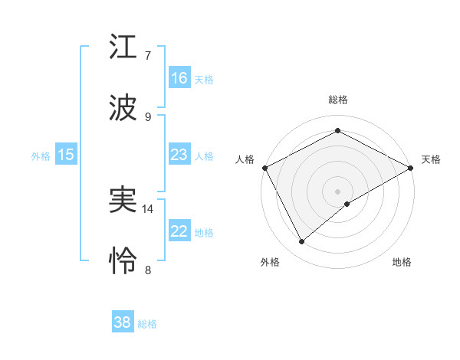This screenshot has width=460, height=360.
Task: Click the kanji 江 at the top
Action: point(125,48)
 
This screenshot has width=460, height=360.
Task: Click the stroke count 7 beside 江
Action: point(148,56)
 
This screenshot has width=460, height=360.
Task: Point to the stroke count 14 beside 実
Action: point(149,208)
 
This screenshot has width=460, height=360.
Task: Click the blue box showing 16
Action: point(179,77)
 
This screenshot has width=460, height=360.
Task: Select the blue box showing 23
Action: point(179,155)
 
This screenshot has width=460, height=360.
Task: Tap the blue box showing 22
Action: point(179,231)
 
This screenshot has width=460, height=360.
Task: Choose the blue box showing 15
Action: point(66,155)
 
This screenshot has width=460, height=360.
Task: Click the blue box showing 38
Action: point(123,322)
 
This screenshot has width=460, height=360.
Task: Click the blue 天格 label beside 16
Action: point(204,79)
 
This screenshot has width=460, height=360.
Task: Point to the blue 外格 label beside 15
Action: point(41,155)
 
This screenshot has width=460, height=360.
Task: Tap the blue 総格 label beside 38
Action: point(147,324)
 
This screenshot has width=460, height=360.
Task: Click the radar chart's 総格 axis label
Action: point(338,100)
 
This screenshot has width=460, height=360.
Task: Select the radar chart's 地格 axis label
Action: point(402,262)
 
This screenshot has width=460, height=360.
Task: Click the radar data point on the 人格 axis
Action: point(265,167)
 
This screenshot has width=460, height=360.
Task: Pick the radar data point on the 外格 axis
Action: point(302,242)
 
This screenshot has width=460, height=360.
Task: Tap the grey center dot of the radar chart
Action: point(338,191)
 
